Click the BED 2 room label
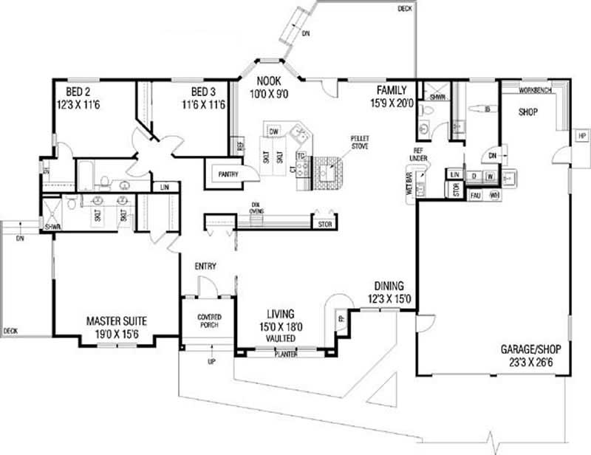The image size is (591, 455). coord(78,92)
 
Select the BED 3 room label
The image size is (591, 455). coord(203,92)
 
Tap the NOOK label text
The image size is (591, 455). coord(267,81)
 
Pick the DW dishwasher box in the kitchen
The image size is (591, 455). coord(273,131)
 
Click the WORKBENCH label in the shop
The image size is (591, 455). coord(533,90)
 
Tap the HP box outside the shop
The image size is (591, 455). coord(581,137)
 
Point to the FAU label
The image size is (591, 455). coord(476,195)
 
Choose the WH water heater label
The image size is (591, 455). coord(494,195)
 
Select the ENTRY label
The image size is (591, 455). coord(205,266)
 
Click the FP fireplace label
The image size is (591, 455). coord(341,319)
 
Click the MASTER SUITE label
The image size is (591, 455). coord(116,321)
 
